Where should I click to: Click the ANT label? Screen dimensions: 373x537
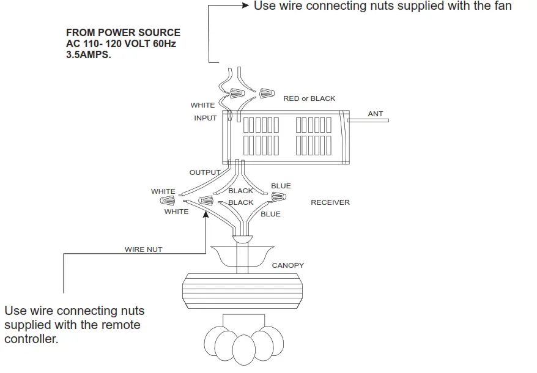[x=376, y=114]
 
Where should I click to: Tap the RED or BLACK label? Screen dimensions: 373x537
[x=309, y=98]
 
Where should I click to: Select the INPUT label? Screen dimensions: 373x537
[x=206, y=118]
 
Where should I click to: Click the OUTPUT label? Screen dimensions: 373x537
[x=204, y=172]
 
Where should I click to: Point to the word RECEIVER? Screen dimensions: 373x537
[x=330, y=202]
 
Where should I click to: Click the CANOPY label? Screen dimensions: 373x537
[x=288, y=265]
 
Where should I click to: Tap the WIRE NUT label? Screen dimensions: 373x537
[x=144, y=249]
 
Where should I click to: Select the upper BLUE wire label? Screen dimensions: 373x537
[x=281, y=186]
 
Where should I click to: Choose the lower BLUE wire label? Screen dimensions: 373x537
[x=270, y=214]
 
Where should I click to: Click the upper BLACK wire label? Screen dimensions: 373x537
[x=240, y=191]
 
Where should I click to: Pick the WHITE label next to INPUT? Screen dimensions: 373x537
[x=202, y=105]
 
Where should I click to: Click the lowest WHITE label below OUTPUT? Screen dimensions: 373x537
[x=176, y=212]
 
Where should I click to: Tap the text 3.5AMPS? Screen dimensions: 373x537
[x=89, y=54]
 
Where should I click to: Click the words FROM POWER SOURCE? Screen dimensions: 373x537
[x=123, y=32]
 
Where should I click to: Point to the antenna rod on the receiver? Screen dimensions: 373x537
[x=368, y=120]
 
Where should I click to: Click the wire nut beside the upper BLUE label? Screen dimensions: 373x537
[x=279, y=197]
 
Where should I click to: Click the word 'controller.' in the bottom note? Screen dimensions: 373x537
[x=31, y=339]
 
